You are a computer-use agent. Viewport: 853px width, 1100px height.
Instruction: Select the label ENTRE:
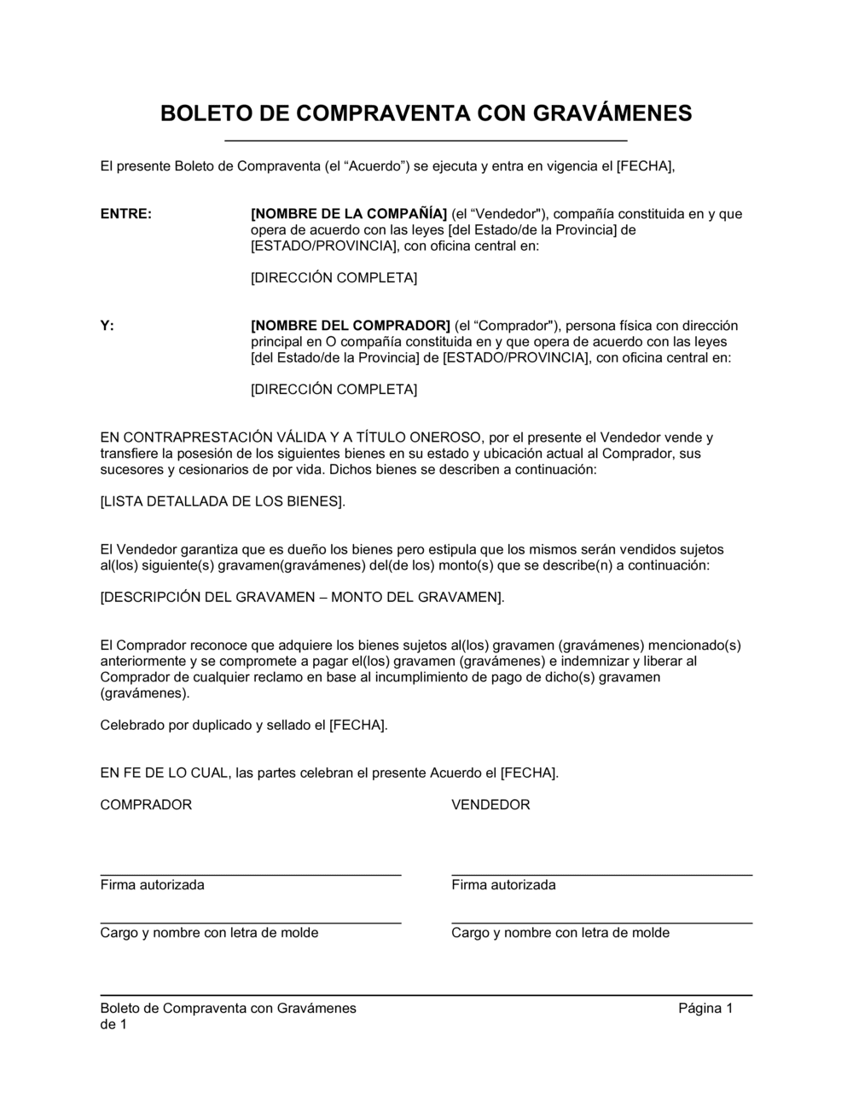[126, 214]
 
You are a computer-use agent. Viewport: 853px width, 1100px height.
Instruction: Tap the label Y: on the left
[107, 326]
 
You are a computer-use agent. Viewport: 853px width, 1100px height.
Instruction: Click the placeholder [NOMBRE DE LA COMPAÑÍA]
[349, 214]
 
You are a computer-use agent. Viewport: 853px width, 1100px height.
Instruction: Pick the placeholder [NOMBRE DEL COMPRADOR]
[351, 326]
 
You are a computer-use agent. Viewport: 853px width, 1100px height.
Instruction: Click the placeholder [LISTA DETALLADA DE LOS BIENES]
[223, 501]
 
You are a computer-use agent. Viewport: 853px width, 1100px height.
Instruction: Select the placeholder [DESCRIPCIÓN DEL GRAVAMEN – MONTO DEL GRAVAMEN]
[302, 598]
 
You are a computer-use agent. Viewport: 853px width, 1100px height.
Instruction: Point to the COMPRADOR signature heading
[146, 805]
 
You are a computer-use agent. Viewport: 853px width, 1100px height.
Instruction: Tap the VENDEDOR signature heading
[490, 805]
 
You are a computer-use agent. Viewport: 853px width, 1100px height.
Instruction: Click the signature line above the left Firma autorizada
[251, 875]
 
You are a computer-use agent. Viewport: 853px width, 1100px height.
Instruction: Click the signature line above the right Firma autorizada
[601, 875]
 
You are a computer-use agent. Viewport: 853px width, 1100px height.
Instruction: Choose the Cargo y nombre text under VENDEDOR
[560, 933]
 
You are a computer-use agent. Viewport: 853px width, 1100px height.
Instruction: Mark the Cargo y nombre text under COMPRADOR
[209, 933]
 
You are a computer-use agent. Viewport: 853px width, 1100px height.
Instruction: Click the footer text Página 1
[705, 1009]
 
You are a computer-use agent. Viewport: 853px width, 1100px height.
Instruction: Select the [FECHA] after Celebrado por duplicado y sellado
[358, 726]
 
